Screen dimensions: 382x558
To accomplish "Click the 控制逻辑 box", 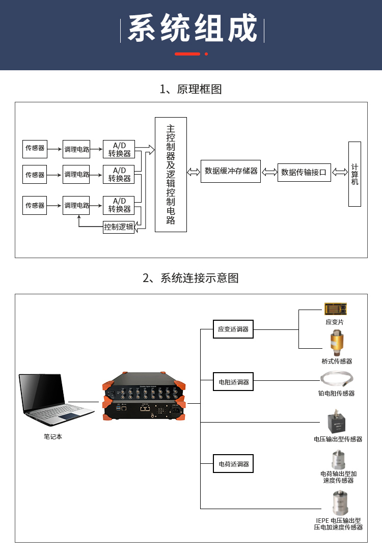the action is (x=119, y=227).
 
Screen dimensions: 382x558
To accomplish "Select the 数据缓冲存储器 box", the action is (x=231, y=171).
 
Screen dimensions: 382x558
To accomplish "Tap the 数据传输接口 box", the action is (x=304, y=172).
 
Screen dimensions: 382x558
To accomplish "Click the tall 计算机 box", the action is (x=354, y=174).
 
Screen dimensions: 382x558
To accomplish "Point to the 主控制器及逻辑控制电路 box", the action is (x=171, y=175).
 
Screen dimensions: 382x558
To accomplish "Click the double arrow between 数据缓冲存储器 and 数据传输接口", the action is (x=269, y=172).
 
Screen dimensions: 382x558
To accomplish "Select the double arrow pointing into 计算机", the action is (x=340, y=172).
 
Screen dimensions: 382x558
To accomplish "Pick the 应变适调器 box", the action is (x=233, y=329).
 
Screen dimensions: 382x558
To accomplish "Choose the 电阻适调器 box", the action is (x=233, y=381).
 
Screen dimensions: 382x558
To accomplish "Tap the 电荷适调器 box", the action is (x=233, y=463).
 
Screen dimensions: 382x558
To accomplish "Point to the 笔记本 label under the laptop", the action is (x=52, y=436).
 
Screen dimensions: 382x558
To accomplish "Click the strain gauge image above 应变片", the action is (x=335, y=309).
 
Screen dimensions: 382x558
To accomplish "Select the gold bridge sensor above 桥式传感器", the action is (x=337, y=342).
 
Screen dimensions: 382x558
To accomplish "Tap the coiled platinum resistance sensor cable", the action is (x=337, y=379).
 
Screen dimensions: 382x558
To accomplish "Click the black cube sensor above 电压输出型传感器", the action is (x=337, y=421).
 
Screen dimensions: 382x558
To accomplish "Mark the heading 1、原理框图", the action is (x=191, y=89).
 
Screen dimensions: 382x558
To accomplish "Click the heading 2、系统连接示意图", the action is (x=191, y=278).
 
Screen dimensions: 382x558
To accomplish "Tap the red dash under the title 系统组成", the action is (x=187, y=54).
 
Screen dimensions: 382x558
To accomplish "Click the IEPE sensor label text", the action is (x=338, y=524).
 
